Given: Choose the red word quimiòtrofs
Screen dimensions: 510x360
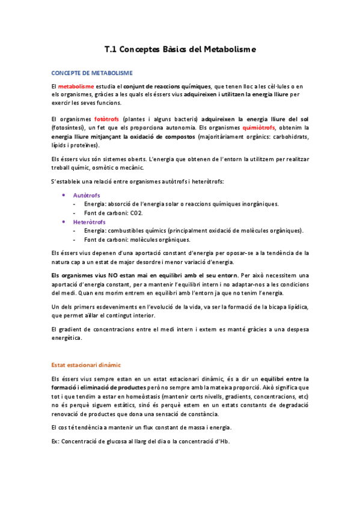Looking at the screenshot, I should click(x=259, y=128).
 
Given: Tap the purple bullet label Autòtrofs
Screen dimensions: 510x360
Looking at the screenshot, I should click(x=86, y=195).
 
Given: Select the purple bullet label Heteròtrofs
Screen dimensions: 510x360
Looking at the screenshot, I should click(x=89, y=222).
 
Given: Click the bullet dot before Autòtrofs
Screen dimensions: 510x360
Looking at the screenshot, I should click(x=64, y=195).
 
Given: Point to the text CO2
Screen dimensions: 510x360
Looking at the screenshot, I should click(x=136, y=213).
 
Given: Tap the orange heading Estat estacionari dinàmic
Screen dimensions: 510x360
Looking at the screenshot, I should click(x=86, y=364).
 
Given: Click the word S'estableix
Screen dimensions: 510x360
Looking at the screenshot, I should click(x=68, y=182).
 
